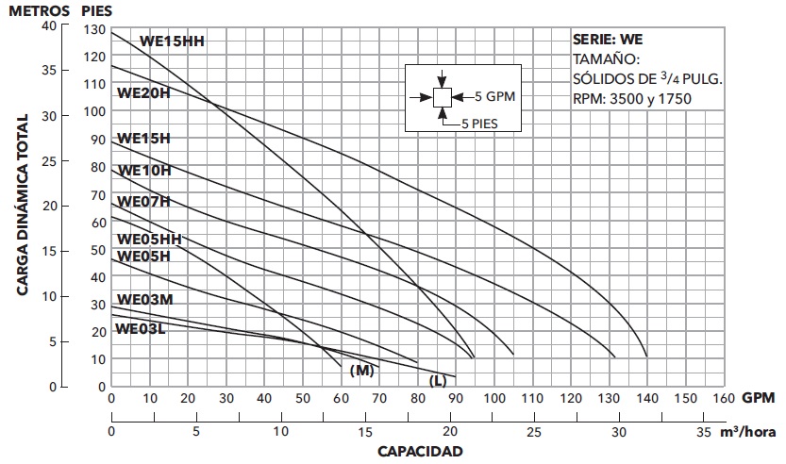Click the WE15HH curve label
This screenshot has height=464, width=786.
point(172,41)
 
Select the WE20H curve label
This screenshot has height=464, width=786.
point(142,93)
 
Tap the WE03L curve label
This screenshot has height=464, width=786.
point(142,329)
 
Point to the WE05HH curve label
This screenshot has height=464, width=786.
point(148,240)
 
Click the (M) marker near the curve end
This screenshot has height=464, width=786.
point(362,371)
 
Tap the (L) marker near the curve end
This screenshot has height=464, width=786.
point(438,380)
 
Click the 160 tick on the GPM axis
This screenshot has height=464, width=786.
point(723,398)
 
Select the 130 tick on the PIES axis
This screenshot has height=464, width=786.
point(92,30)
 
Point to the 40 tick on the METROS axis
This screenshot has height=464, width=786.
point(50,25)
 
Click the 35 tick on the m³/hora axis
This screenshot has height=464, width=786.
point(703,432)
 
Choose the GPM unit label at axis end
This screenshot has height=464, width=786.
point(758,398)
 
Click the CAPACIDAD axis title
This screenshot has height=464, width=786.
point(420,452)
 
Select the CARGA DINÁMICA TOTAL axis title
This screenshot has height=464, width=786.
point(22,206)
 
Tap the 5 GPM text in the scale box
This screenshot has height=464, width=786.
point(496,96)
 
